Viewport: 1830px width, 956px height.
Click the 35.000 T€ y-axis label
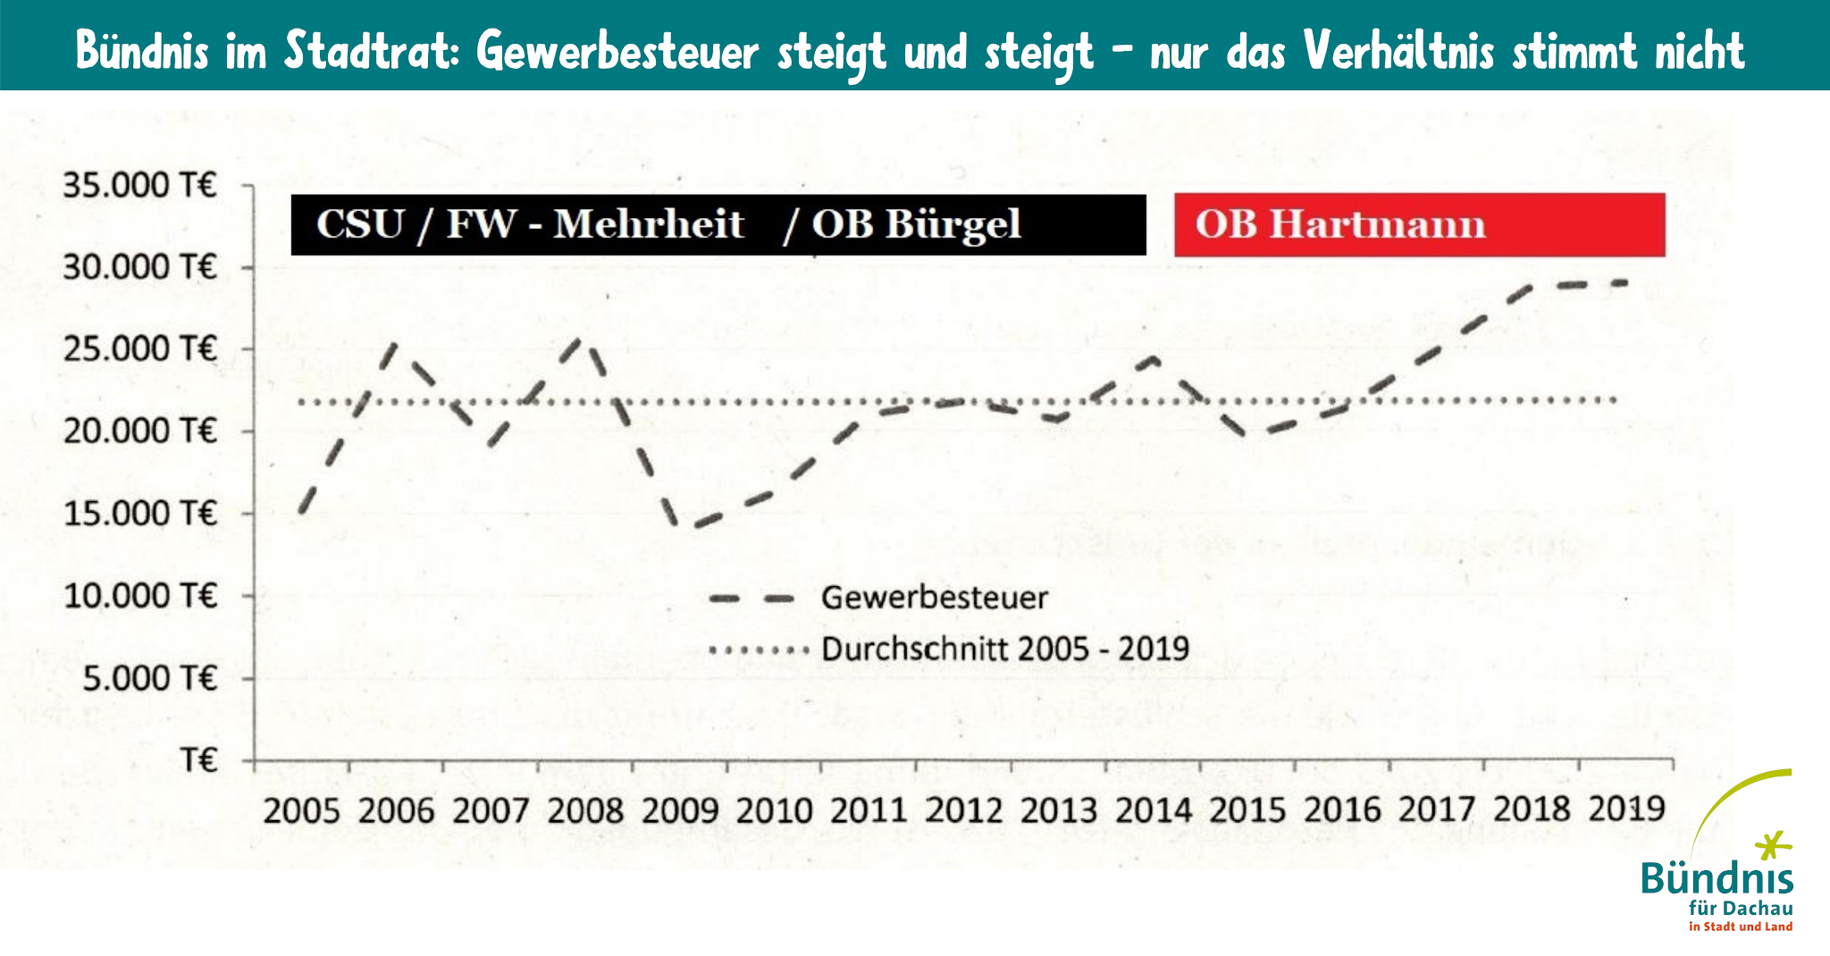pyautogui.click(x=140, y=186)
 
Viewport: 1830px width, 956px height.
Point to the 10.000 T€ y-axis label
pyautogui.click(x=140, y=595)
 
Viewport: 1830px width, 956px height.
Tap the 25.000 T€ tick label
pyautogui.click(x=140, y=349)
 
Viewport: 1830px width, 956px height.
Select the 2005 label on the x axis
pyautogui.click(x=302, y=811)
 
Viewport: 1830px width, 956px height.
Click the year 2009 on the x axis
pyautogui.click(x=680, y=811)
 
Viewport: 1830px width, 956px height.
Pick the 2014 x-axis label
pyautogui.click(x=1153, y=811)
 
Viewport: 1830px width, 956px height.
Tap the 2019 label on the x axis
pyautogui.click(x=1626, y=809)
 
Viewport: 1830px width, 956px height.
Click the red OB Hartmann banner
pyautogui.click(x=1419, y=225)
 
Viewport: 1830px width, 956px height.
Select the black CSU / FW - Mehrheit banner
pyautogui.click(x=718, y=225)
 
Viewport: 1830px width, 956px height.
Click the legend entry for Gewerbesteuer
pyautogui.click(x=934, y=598)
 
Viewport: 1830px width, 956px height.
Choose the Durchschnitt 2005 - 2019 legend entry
pyautogui.click(x=1004, y=649)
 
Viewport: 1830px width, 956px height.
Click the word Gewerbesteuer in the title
pyautogui.click(x=617, y=51)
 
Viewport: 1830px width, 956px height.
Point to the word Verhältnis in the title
pyautogui.click(x=1398, y=51)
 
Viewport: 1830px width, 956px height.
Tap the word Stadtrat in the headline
pyautogui.click(x=374, y=51)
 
